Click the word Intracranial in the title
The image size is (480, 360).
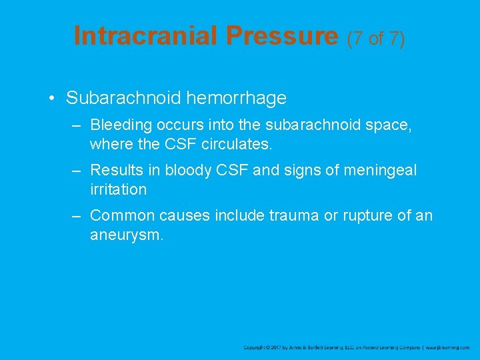[x=145, y=36]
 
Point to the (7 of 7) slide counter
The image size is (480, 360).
[x=376, y=38]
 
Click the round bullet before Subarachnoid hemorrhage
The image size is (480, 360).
[x=51, y=99]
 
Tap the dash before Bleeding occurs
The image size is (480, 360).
[x=78, y=125]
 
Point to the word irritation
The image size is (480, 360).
[x=118, y=189]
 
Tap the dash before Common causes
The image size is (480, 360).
[x=78, y=216]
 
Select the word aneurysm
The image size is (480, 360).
[x=126, y=235]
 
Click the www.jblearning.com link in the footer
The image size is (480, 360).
[x=448, y=347]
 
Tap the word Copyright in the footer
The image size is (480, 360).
[x=256, y=347]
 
